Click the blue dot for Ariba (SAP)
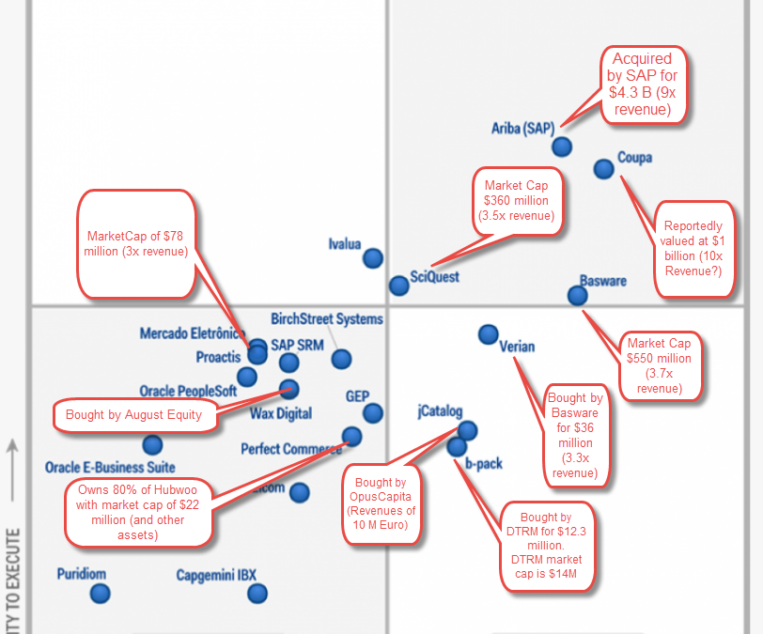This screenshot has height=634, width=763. pos(562,147)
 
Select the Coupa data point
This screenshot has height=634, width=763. pos(604,169)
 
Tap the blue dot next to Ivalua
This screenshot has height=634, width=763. pos(373,257)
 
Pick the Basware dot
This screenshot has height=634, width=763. pos(577,295)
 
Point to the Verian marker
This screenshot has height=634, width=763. pos(488,333)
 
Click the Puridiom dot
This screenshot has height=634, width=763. pos(100,593)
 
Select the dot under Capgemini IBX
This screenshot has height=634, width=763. pos(257,593)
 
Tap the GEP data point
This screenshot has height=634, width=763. pos(373,412)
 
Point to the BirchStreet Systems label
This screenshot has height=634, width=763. pos(327,319)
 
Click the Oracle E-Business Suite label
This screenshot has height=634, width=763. pos(110,467)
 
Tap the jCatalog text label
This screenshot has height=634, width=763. pos(440,410)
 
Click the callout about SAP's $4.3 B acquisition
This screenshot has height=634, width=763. pos(645,84)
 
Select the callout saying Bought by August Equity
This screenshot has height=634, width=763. pos(133,414)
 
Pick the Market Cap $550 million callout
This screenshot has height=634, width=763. pos(660,365)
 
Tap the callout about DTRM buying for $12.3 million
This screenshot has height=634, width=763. pos(546,545)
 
